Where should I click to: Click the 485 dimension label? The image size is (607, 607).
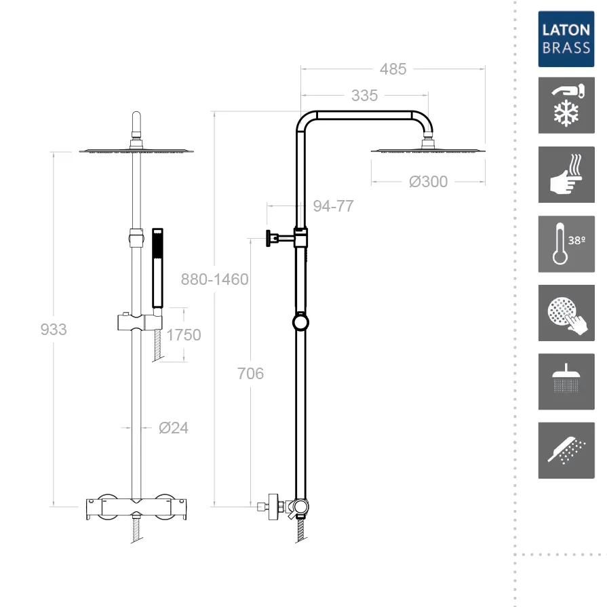pyautogui.click(x=393, y=69)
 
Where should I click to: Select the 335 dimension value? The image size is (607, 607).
pyautogui.click(x=364, y=96)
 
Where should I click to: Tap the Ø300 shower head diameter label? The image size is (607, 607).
pyautogui.click(x=428, y=182)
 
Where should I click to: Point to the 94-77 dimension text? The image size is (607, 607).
pyautogui.click(x=333, y=206)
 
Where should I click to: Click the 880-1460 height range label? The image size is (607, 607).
pyautogui.click(x=214, y=279)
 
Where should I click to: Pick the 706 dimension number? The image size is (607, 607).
pyautogui.click(x=250, y=374)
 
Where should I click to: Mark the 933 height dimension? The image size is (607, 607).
pyautogui.click(x=54, y=330)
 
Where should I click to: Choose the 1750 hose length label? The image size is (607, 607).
pyautogui.click(x=184, y=335)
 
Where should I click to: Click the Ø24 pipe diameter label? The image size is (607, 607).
pyautogui.click(x=174, y=428)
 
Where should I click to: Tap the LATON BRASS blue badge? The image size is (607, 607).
pyautogui.click(x=566, y=39)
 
